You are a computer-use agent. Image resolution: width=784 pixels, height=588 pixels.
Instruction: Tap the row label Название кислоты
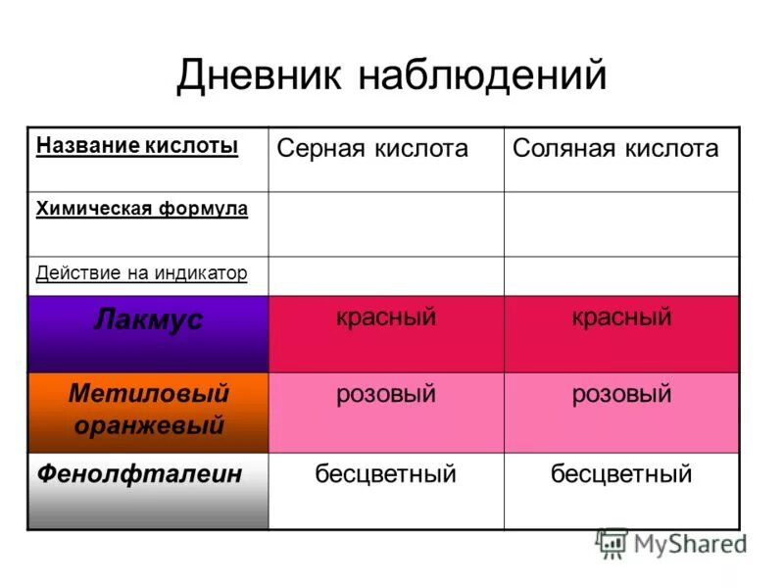(137, 146)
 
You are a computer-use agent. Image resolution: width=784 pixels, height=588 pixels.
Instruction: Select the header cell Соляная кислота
(615, 149)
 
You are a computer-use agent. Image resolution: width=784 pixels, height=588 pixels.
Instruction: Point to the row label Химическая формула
(142, 209)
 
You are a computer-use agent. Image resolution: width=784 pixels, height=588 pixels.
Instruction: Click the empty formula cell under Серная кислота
(386, 223)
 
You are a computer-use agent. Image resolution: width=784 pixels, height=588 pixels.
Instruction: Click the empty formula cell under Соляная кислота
(621, 223)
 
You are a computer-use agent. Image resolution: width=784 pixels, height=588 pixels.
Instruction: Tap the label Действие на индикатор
(142, 272)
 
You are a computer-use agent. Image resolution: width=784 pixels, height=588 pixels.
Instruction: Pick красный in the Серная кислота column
(386, 318)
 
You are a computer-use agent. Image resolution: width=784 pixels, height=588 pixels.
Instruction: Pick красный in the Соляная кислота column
(621, 318)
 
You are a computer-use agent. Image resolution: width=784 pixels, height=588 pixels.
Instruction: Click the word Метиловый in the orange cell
(149, 394)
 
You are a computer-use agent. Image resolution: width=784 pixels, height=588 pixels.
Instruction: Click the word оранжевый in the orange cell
(149, 425)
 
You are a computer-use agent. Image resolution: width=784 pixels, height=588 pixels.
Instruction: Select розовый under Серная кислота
(386, 395)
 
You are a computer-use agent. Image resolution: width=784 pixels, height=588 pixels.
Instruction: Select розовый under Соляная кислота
(621, 395)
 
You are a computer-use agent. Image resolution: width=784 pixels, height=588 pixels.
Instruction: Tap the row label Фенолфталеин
(139, 474)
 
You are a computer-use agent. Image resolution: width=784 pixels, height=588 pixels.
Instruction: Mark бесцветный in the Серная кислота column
(386, 475)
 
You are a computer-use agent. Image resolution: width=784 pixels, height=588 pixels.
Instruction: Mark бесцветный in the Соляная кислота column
(621, 475)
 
